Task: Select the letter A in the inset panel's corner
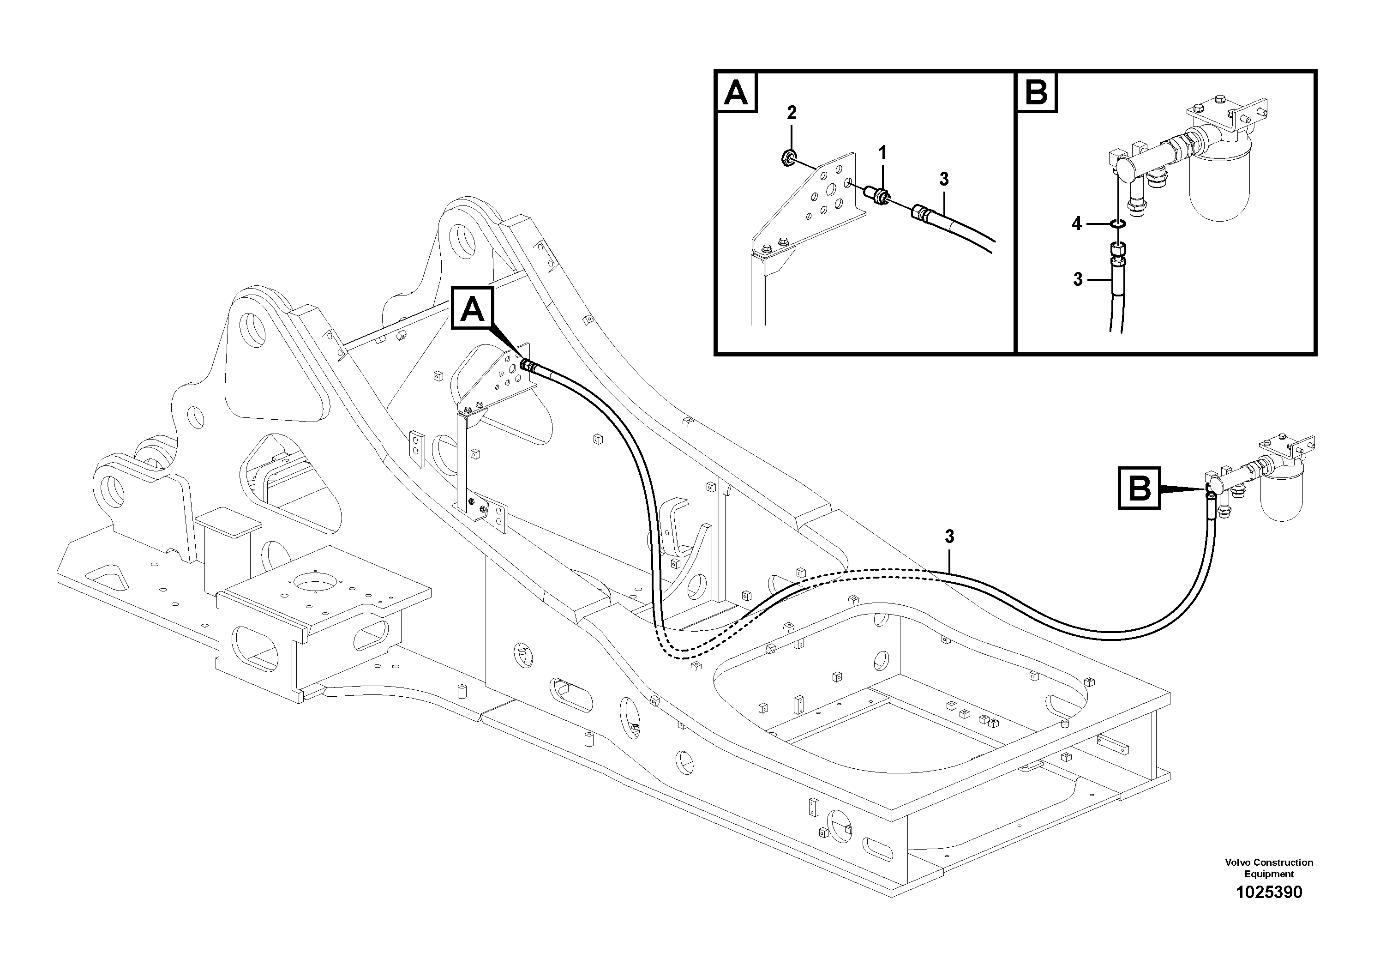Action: pyautogui.click(x=736, y=93)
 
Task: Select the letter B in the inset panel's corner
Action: pyautogui.click(x=1037, y=93)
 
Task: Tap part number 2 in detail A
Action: pyautogui.click(x=792, y=113)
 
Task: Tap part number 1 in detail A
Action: pyautogui.click(x=882, y=153)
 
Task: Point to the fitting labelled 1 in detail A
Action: pyautogui.click(x=877, y=195)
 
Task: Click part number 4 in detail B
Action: pyautogui.click(x=1077, y=224)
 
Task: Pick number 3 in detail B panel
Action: pyautogui.click(x=1078, y=279)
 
